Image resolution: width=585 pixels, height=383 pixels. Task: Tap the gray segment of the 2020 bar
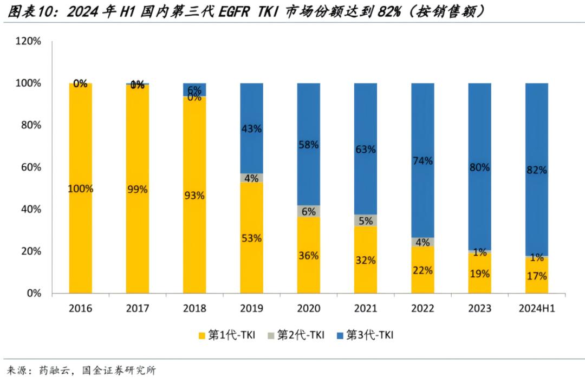pos(308,211)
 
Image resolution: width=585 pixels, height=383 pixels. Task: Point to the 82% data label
pos(536,170)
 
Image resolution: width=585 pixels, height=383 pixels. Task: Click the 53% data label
pos(251,238)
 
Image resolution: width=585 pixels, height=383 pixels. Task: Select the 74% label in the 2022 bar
pos(422,160)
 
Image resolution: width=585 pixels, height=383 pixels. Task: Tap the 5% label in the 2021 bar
pos(365,220)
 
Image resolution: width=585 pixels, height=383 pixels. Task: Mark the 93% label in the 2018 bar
pos(194,196)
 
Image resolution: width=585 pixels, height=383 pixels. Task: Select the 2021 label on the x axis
pos(365,309)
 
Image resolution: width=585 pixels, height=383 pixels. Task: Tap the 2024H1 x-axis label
pos(536,309)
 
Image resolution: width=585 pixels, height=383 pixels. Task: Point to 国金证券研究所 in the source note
pos(119,371)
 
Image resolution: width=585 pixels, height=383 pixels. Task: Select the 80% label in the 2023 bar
pos(479,167)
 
